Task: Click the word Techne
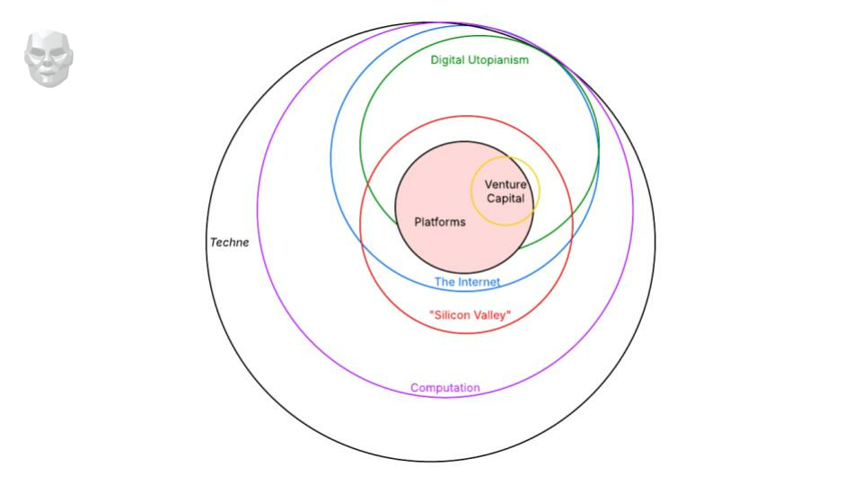pos(229,242)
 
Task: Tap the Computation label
pos(445,388)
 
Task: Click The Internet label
pos(467,282)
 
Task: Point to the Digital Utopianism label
pos(479,60)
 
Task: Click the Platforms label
pos(440,222)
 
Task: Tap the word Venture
pos(506,185)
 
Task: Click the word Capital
pos(506,198)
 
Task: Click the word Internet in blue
pos(479,282)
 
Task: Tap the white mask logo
pos(48,59)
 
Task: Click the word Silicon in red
pos(453,315)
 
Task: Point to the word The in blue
pos(445,282)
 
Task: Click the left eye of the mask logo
pos(39,51)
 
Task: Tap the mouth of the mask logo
pos(48,73)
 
